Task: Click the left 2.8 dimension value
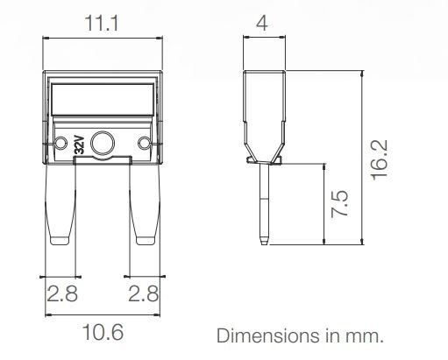tap(60, 294)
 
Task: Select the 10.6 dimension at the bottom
tap(103, 334)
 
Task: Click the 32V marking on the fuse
tap(79, 144)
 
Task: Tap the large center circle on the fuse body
tap(103, 143)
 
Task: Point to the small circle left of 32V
tap(60, 144)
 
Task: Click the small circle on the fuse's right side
tap(146, 144)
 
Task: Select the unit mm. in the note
tap(366, 335)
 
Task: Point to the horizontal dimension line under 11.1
tap(103, 38)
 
